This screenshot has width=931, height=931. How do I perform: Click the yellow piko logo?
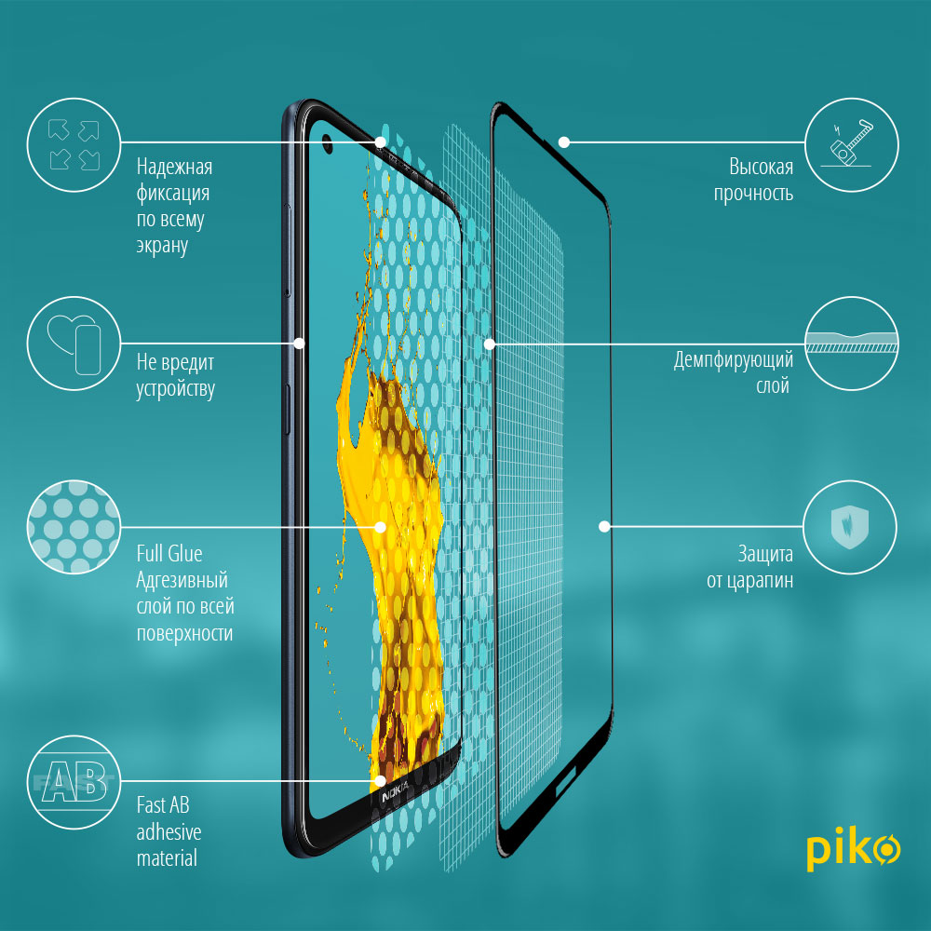click(853, 848)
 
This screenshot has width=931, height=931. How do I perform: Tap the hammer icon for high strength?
click(851, 145)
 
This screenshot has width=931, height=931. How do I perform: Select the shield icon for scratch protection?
click(850, 527)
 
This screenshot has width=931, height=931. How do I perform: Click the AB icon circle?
click(74, 783)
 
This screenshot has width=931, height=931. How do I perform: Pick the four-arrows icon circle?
click(74, 145)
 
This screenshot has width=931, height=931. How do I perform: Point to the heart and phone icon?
click(74, 344)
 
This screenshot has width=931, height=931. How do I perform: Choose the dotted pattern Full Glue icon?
click(74, 527)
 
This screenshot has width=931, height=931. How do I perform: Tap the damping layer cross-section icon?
click(851, 344)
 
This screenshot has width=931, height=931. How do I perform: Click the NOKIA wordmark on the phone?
click(395, 792)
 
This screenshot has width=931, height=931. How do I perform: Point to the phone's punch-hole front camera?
click(327, 142)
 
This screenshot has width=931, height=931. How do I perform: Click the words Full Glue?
click(169, 554)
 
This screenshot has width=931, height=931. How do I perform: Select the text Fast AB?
click(163, 805)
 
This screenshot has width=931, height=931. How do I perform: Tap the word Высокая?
click(762, 167)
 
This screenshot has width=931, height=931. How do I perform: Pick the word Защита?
click(765, 555)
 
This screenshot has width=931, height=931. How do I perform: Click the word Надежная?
click(175, 167)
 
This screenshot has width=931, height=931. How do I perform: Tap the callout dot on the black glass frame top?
click(564, 142)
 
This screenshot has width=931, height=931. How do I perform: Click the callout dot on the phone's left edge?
click(299, 344)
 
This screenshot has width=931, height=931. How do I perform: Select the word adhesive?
click(169, 832)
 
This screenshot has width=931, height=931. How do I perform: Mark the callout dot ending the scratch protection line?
click(604, 527)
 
